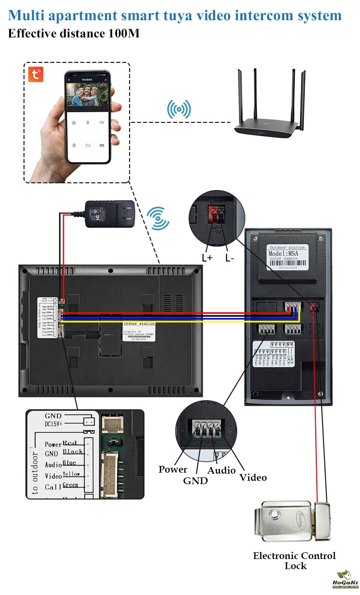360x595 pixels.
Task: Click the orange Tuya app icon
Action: pos(36,74)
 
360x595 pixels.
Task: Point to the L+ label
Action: pos(207,258)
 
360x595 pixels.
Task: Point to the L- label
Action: pos(230,258)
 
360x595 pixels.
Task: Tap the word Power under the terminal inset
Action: pos(173,469)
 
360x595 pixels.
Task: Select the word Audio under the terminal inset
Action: pos(221,470)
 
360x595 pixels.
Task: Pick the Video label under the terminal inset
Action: pos(253,477)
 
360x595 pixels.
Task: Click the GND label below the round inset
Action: pos(195,480)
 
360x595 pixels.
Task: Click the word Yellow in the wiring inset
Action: pos(72,474)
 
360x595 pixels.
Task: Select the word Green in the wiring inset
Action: pos(71,485)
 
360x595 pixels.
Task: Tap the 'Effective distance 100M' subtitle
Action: pos(74,34)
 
